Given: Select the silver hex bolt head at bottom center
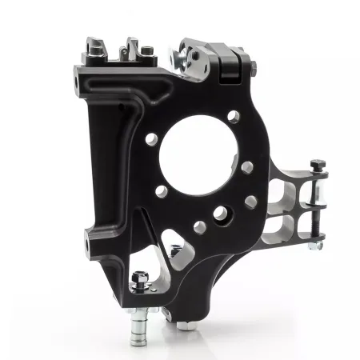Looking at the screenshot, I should [184, 323].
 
